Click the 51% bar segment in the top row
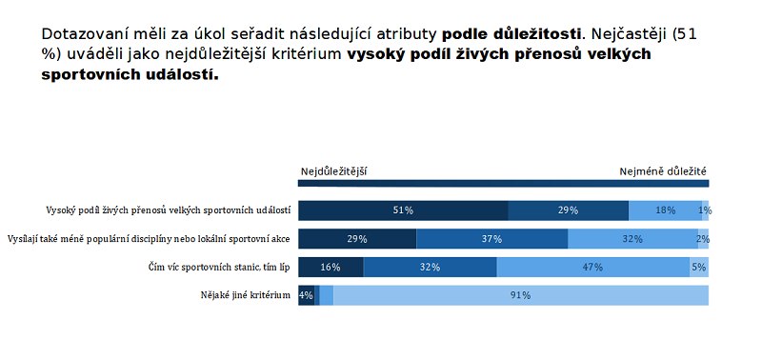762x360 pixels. tap(403, 210)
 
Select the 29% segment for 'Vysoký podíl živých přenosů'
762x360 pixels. tap(568, 210)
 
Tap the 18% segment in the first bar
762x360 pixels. tap(665, 210)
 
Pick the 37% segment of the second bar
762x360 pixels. tap(491, 239)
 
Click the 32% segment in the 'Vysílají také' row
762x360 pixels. tap(632, 239)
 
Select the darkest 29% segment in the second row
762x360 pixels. tap(357, 239)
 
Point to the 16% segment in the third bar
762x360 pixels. tap(331, 268)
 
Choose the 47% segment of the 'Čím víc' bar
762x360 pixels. tap(592, 268)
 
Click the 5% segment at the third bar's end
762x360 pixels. tap(699, 268)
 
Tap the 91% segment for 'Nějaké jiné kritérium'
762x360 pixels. tap(520, 296)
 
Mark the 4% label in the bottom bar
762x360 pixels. tap(306, 296)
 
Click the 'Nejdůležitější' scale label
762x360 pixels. tap(334, 171)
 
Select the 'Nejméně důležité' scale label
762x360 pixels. tap(664, 171)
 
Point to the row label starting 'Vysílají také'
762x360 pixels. tap(149, 239)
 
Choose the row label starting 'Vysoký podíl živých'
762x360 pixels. tap(169, 210)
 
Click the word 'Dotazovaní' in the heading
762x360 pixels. tap(89, 33)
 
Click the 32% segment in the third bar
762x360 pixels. tap(430, 268)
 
